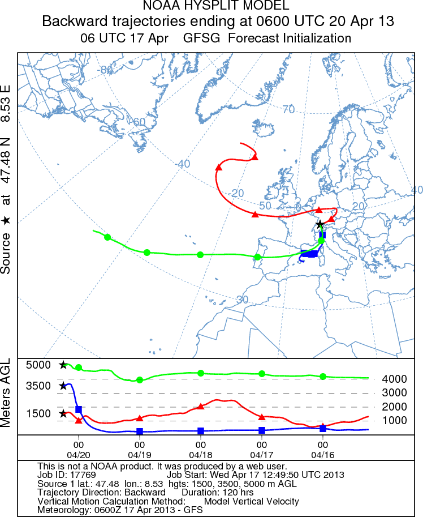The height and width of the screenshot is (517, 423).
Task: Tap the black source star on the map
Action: pos(320,224)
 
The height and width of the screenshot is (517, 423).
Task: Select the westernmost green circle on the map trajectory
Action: pos(107,237)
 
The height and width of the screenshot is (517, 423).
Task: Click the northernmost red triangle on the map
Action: pos(255,157)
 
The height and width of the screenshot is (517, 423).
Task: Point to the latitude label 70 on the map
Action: pos(288,109)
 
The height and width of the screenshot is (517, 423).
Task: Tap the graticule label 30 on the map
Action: pos(243,299)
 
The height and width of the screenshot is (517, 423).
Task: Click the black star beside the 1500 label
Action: pos(63,413)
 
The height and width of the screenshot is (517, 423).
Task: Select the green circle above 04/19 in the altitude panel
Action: pos(140,379)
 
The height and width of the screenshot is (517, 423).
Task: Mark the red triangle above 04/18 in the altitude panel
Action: pos(201,407)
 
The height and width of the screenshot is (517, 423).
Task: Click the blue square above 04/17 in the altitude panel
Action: pos(262,430)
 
